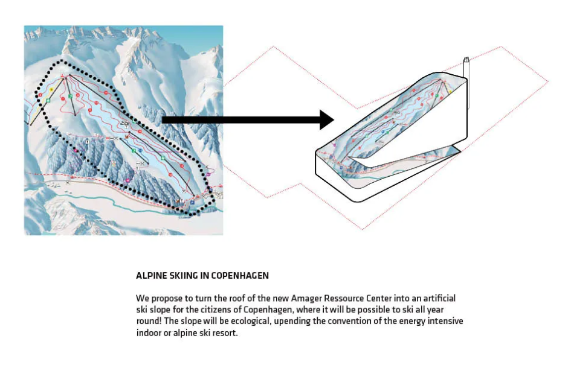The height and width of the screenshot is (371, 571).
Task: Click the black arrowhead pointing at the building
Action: point(327,119)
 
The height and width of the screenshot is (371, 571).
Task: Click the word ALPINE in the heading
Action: point(152,276)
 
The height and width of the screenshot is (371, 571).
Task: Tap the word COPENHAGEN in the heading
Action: point(240,276)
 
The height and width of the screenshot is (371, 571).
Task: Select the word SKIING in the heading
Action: point(184,276)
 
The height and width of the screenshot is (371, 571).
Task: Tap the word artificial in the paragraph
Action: point(439,298)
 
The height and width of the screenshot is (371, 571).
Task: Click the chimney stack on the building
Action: point(466,84)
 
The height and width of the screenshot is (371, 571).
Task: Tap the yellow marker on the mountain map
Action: point(52,89)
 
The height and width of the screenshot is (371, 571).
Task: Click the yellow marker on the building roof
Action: point(450,92)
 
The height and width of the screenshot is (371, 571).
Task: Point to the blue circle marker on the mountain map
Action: point(140,151)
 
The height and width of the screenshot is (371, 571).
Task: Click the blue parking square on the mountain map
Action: point(192,202)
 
